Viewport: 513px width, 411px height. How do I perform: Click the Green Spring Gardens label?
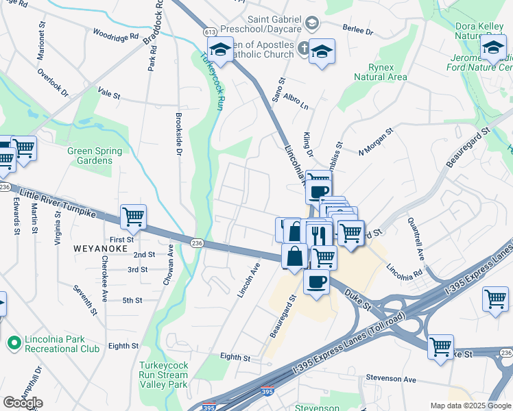pyautogui.click(x=95, y=156)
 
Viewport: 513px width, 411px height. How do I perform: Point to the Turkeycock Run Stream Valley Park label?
pyautogui.click(x=163, y=375)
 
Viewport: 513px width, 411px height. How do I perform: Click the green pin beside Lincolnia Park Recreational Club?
pyautogui.click(x=13, y=340)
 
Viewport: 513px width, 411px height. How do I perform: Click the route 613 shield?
pyautogui.click(x=211, y=32)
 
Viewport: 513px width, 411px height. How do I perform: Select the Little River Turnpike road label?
pyautogui.click(x=58, y=204)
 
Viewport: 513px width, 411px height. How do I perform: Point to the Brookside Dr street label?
pyautogui.click(x=178, y=134)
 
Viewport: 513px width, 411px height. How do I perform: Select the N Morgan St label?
pyautogui.click(x=375, y=140)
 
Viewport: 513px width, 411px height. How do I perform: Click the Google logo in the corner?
pyautogui.click(x=22, y=403)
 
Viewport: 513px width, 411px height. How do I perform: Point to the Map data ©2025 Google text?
pyautogui.click(x=470, y=406)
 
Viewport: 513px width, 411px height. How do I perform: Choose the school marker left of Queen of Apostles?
pyautogui.click(x=221, y=50)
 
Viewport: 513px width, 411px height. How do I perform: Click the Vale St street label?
pyautogui.click(x=109, y=90)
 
